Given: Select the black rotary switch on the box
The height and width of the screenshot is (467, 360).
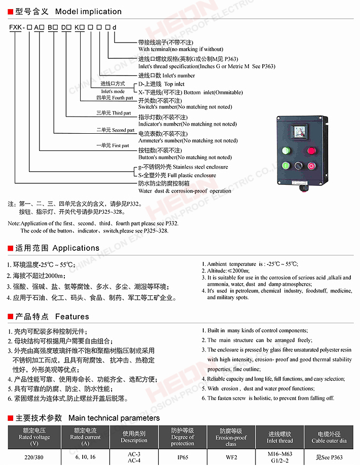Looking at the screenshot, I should coord(299,166).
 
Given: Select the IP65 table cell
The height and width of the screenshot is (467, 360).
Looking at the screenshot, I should coord(183,457).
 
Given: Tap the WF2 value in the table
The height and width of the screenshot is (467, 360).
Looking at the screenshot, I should coord(231,457).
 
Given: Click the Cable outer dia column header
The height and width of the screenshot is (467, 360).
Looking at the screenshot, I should coord(329,437).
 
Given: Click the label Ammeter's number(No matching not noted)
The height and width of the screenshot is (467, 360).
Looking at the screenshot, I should coord(188,140).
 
